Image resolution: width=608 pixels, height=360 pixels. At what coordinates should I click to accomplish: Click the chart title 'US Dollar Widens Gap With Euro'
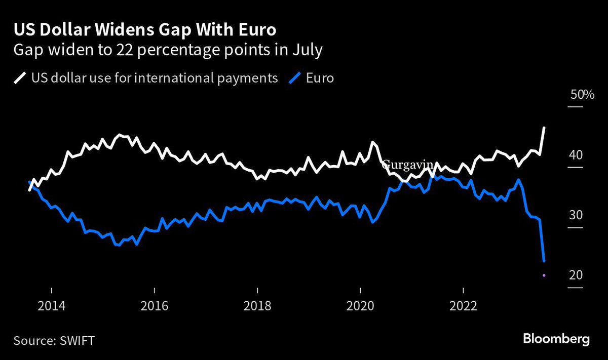[x=144, y=30]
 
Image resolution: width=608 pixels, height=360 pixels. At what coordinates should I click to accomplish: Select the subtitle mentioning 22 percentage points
[x=167, y=51]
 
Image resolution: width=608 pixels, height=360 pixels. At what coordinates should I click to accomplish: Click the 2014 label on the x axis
[x=51, y=306]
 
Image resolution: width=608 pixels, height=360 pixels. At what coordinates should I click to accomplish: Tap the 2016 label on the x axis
[x=154, y=306]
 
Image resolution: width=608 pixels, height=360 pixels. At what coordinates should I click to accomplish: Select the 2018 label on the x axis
[x=257, y=306]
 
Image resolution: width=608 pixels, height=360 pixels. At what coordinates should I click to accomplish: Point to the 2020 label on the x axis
[x=360, y=306]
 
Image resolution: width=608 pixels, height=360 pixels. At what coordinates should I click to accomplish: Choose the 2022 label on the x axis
[x=464, y=306]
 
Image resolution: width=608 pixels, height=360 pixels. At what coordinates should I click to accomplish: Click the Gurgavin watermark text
[x=407, y=165]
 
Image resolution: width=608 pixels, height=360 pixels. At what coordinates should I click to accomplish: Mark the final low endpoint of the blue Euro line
[x=544, y=261]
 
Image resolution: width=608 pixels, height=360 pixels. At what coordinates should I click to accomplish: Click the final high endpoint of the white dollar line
[x=544, y=128]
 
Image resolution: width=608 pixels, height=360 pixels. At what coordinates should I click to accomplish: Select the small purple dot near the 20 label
[x=544, y=275]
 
